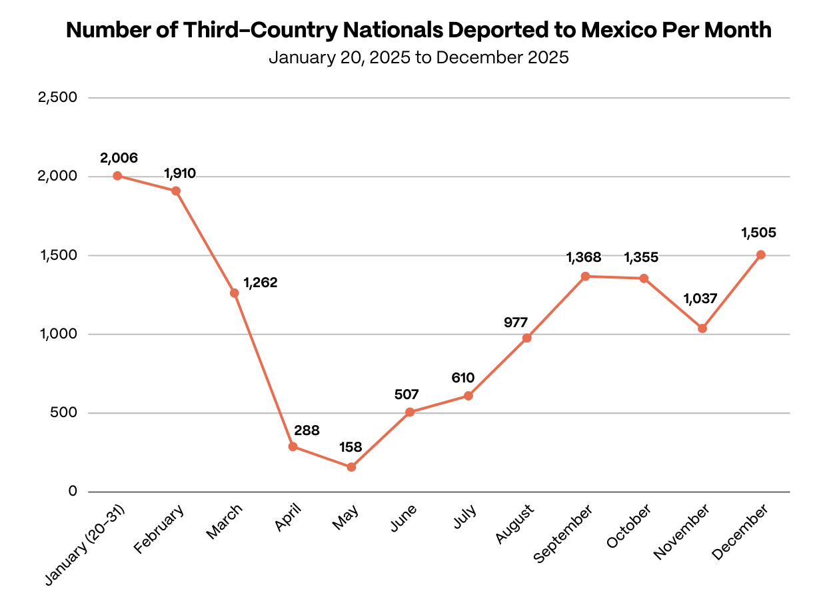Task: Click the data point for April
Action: click(293, 446)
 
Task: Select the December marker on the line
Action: click(760, 255)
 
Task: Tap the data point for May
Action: click(351, 467)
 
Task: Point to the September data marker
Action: click(585, 277)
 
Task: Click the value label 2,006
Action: click(119, 159)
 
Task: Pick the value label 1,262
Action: click(260, 283)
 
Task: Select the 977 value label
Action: click(516, 322)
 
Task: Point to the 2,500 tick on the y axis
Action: click(59, 98)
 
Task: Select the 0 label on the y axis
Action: click(73, 492)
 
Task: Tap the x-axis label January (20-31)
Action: click(87, 545)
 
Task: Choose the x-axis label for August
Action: click(515, 524)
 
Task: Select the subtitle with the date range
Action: click(418, 58)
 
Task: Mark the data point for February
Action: click(176, 191)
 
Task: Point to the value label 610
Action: click(462, 378)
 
